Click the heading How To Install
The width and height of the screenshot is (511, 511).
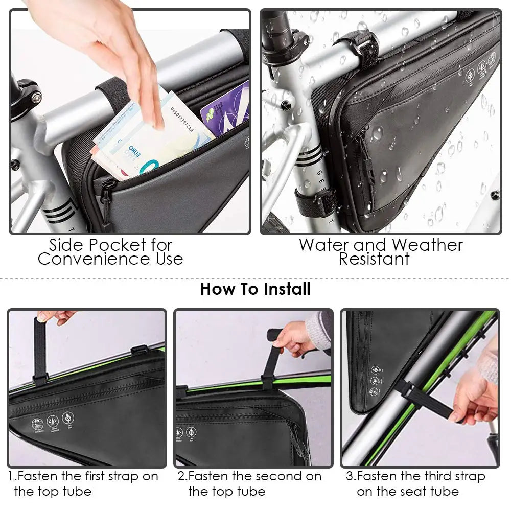pyautogui.click(x=255, y=289)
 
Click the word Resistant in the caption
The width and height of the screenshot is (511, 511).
pyautogui.click(x=374, y=259)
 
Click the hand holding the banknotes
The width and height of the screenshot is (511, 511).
pyautogui.click(x=112, y=46)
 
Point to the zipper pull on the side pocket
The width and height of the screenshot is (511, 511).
pyautogui.click(x=105, y=204)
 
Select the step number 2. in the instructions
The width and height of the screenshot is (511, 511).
pyautogui.click(x=182, y=476)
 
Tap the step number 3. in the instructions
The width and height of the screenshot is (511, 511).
pyautogui.click(x=351, y=476)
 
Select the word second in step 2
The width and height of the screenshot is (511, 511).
pyautogui.click(x=276, y=476)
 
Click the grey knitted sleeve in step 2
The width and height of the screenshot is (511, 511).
pyautogui.click(x=319, y=330)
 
